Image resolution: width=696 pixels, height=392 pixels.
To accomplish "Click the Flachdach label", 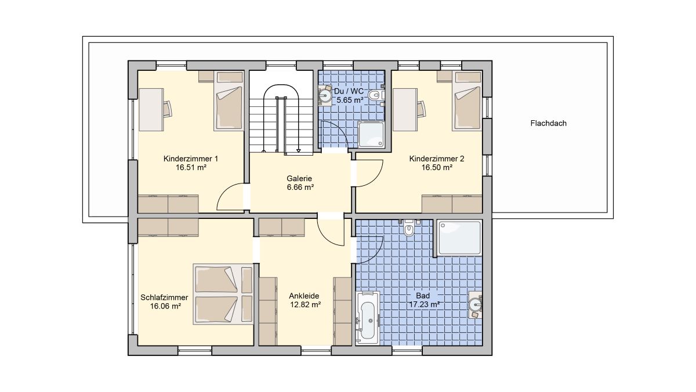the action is click(549, 123).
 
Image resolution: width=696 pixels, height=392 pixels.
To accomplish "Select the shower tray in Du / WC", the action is click(371, 134).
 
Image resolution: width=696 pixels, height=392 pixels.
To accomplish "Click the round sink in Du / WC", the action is click(325, 95).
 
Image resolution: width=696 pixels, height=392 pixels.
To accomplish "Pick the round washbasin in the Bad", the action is click(475, 304).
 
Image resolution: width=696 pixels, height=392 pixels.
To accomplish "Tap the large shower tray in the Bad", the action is click(459, 238).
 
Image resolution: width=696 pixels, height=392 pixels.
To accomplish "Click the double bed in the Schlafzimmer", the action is click(223, 294).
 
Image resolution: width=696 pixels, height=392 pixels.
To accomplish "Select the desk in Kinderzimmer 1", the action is click(151, 110).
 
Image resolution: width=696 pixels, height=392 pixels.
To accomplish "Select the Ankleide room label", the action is click(304, 296).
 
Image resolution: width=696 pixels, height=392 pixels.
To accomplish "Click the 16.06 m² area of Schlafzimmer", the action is click(166, 306).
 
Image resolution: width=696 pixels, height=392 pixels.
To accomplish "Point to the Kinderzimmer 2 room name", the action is click(437, 159).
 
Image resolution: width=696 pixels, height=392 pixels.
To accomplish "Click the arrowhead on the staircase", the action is click(298, 150).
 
